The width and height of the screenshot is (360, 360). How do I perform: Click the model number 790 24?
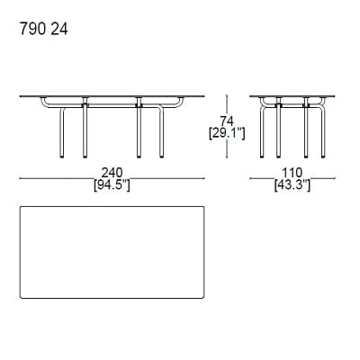pos(42,29)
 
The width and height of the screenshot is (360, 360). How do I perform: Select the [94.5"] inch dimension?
pos(112,186)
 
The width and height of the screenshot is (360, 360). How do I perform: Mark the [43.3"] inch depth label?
pos(290,186)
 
